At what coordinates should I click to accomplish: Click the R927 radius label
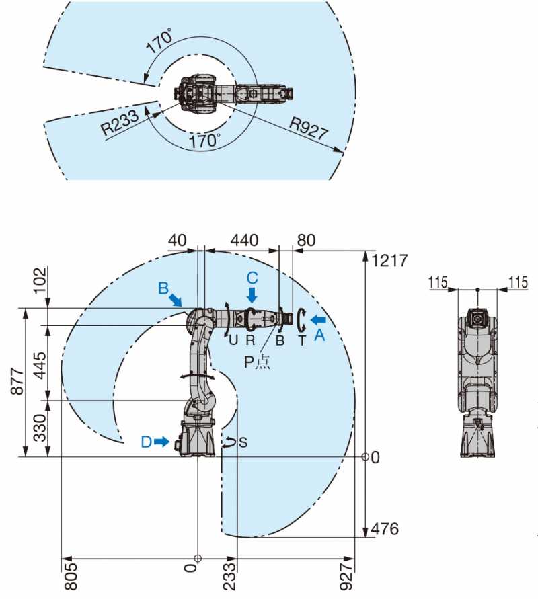pos(309,128)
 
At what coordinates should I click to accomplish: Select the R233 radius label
pos(120,122)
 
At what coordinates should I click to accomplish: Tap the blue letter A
pos(319,335)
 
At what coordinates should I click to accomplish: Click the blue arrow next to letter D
pos(162,442)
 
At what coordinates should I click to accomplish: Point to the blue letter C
pos(252,278)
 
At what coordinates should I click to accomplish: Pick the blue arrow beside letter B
pos(176,300)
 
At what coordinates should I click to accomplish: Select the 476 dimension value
pos(385,529)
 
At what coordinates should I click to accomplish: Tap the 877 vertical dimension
pos(18,381)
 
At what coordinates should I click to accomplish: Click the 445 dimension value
pos(40,366)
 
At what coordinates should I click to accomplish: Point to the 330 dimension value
pos(40,428)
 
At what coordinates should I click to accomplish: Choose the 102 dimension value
pos(40,280)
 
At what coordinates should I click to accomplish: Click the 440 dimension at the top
pos(245,240)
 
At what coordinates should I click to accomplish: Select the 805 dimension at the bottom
pos(71,576)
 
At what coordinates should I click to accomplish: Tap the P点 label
pos(257,362)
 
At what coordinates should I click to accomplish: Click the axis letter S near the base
pos(243,442)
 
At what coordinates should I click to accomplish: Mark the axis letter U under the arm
pos(233,340)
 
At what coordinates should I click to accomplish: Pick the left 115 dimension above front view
pos(438,282)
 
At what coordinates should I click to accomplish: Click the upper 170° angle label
pos(160,41)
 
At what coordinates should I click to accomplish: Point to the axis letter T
pos(302,340)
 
